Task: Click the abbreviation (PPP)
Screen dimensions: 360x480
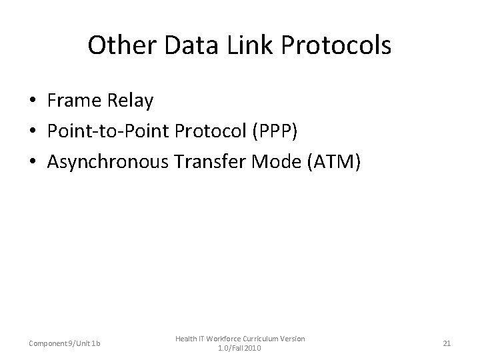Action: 275,131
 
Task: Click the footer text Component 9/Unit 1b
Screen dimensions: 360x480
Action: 65,343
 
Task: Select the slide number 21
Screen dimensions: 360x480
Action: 447,343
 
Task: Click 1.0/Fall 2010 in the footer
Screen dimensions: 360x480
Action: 239,348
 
